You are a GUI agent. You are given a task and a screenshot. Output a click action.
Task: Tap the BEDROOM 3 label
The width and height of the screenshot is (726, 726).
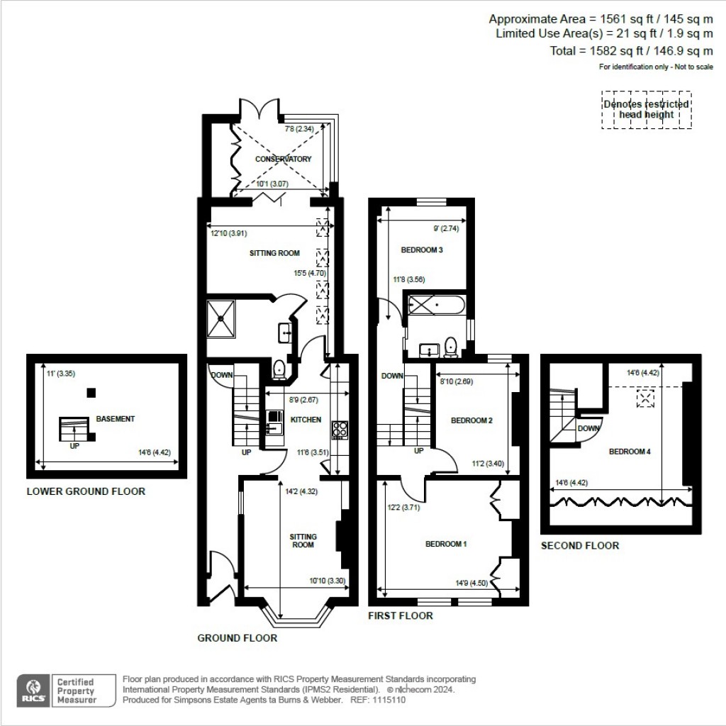point(422,250)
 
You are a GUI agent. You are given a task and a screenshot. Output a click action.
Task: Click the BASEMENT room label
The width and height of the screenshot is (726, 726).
point(115,419)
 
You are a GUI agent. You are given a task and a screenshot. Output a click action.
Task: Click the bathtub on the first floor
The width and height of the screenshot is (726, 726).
point(435,306)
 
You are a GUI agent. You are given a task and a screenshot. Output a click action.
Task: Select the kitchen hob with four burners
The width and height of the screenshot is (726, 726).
point(340,429)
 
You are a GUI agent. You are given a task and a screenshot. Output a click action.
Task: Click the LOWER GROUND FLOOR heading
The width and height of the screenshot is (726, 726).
point(86,491)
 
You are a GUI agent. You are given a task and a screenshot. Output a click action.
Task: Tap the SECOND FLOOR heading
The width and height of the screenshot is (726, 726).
point(579,545)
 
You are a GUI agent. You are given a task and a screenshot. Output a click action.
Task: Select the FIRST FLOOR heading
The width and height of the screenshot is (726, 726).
point(400,615)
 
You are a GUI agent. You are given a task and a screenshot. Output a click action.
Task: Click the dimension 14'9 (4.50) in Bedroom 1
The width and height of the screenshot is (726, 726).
point(471,583)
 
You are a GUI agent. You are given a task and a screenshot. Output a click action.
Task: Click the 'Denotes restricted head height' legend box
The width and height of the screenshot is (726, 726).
point(646,109)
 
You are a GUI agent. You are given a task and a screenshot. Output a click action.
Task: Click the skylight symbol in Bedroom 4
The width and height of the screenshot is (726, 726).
point(645,398)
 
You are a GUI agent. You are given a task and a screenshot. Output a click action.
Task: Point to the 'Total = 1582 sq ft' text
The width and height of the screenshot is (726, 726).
point(631,50)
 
